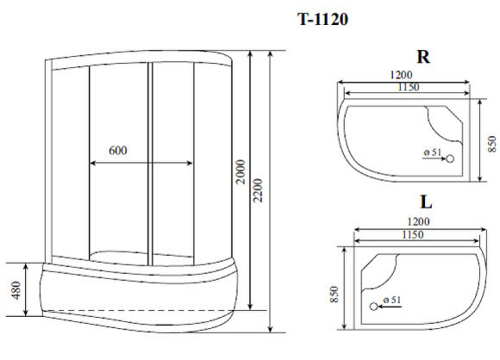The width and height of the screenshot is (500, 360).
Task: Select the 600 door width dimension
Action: point(118,150)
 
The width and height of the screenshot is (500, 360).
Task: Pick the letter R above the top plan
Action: point(422,58)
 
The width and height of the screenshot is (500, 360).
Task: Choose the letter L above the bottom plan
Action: point(425,204)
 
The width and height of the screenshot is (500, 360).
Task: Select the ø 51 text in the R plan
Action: point(432,153)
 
